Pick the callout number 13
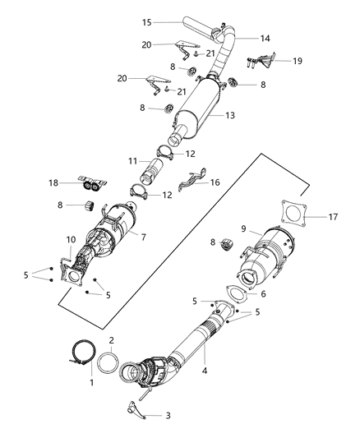(231, 116)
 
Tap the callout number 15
(146, 21)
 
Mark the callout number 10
(71, 239)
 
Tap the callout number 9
(243, 228)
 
